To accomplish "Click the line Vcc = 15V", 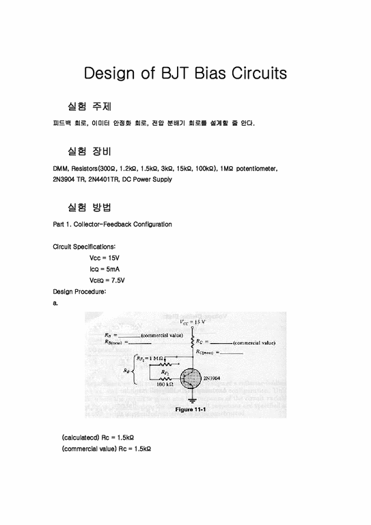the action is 105,257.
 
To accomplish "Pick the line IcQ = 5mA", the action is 105,269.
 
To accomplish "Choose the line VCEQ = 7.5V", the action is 107,280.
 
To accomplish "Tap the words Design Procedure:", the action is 79,291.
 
